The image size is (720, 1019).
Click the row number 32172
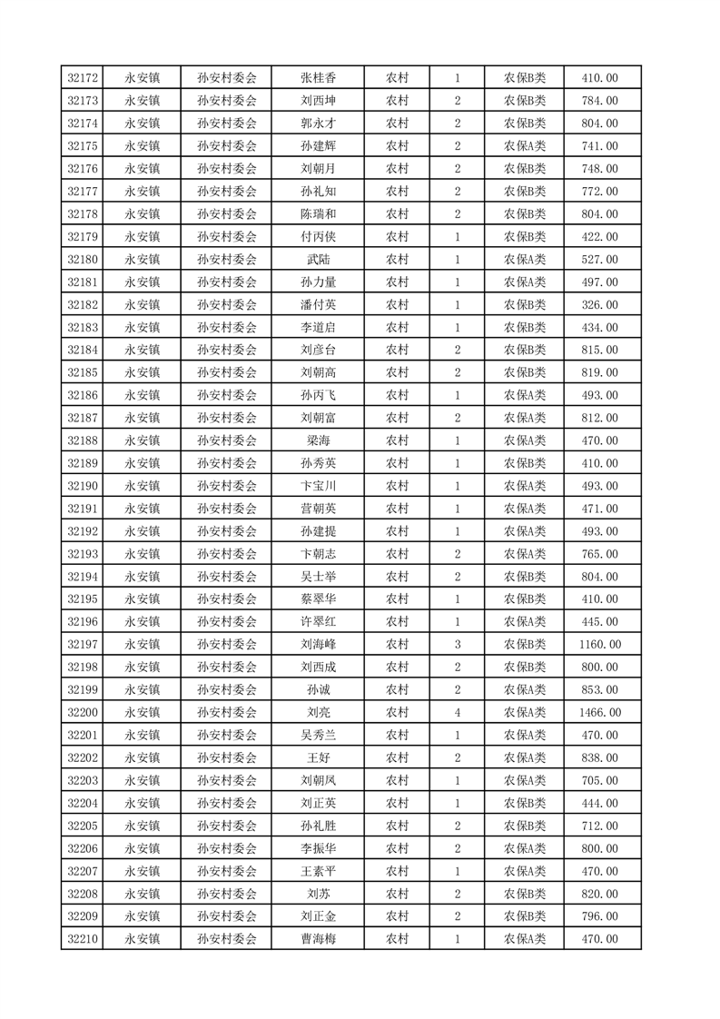(83, 78)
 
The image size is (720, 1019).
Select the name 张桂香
(318, 78)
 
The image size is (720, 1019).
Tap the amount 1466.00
(601, 712)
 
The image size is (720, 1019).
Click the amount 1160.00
(601, 644)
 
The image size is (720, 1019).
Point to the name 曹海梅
(318, 939)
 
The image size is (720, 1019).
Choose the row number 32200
(83, 712)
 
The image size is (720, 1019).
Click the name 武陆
(318, 260)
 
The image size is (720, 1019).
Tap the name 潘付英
(318, 305)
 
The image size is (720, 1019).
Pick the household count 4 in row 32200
(457, 712)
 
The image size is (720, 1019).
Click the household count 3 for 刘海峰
(457, 644)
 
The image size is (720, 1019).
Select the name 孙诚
(318, 689)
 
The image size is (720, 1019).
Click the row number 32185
(83, 372)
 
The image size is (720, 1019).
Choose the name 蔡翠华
(318, 599)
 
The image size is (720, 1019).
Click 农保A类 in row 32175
(524, 146)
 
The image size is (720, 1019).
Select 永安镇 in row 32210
(142, 939)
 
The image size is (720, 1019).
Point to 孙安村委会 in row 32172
(227, 78)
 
